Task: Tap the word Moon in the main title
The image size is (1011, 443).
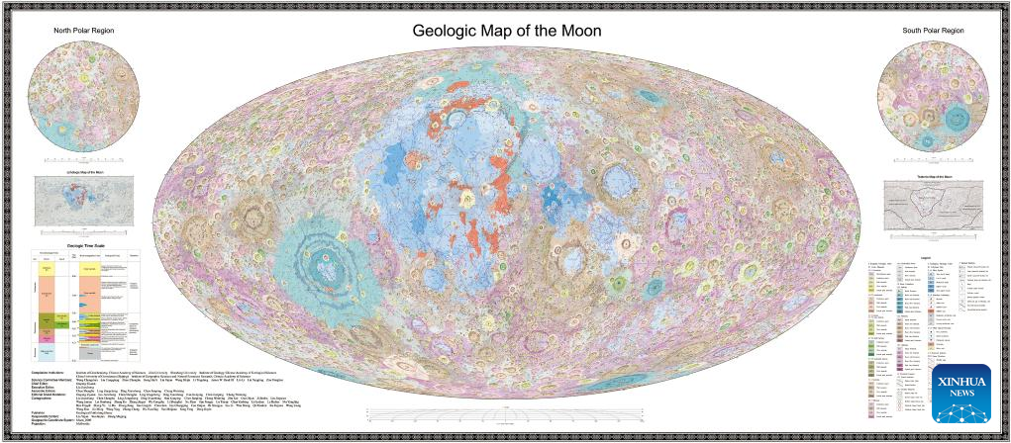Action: coord(576,33)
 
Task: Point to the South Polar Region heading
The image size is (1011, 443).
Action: coord(932,31)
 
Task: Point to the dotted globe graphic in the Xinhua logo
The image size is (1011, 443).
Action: coord(961,357)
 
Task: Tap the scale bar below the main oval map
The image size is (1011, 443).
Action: coord(506,412)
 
